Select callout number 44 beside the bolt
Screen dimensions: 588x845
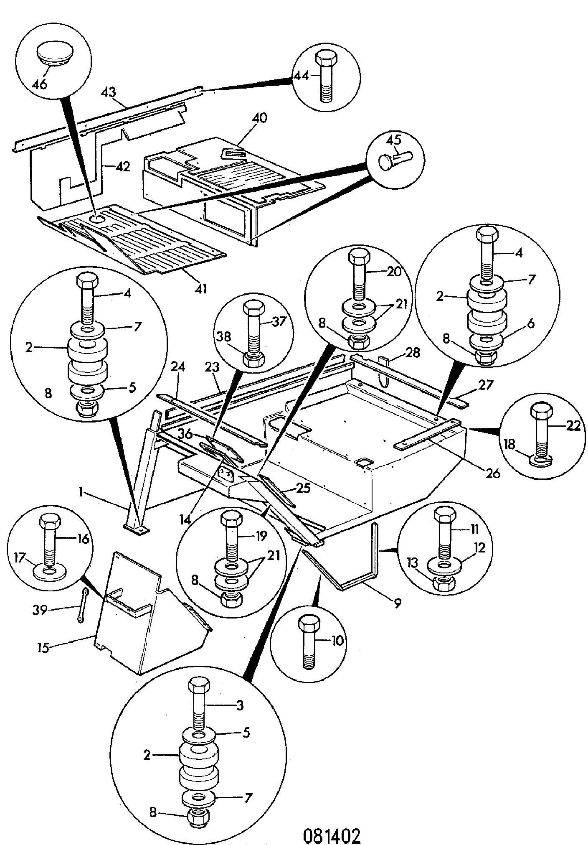(x=301, y=76)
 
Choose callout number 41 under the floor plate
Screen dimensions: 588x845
(x=201, y=289)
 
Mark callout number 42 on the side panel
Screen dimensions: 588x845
(x=122, y=167)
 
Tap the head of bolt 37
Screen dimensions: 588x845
(x=252, y=309)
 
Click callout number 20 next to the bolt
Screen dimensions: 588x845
(x=393, y=272)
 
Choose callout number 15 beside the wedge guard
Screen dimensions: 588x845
(x=43, y=648)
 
